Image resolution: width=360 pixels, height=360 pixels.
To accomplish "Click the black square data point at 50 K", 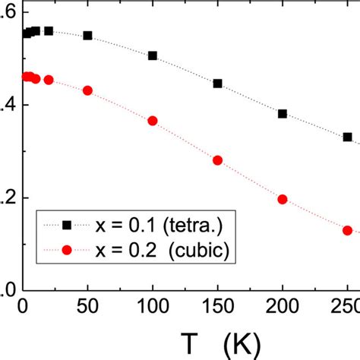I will pyautogui.click(x=87, y=36).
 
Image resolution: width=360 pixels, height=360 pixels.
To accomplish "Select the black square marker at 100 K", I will pyautogui.click(x=153, y=55).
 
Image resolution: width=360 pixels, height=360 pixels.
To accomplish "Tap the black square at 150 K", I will pyautogui.click(x=217, y=84).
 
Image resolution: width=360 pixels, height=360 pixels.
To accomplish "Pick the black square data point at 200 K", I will pyautogui.click(x=283, y=114).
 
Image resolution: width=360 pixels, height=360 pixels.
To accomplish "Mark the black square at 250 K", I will pyautogui.click(x=347, y=137).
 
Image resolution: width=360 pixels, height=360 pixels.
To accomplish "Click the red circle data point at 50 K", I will pyautogui.click(x=87, y=90).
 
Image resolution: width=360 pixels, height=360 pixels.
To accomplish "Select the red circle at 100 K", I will pyautogui.click(x=153, y=121).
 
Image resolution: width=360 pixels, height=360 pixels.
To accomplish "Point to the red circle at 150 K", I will pyautogui.click(x=217, y=160).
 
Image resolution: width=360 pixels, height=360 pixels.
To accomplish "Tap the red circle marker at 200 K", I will pyautogui.click(x=283, y=199).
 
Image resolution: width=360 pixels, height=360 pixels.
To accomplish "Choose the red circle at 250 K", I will pyautogui.click(x=347, y=230).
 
